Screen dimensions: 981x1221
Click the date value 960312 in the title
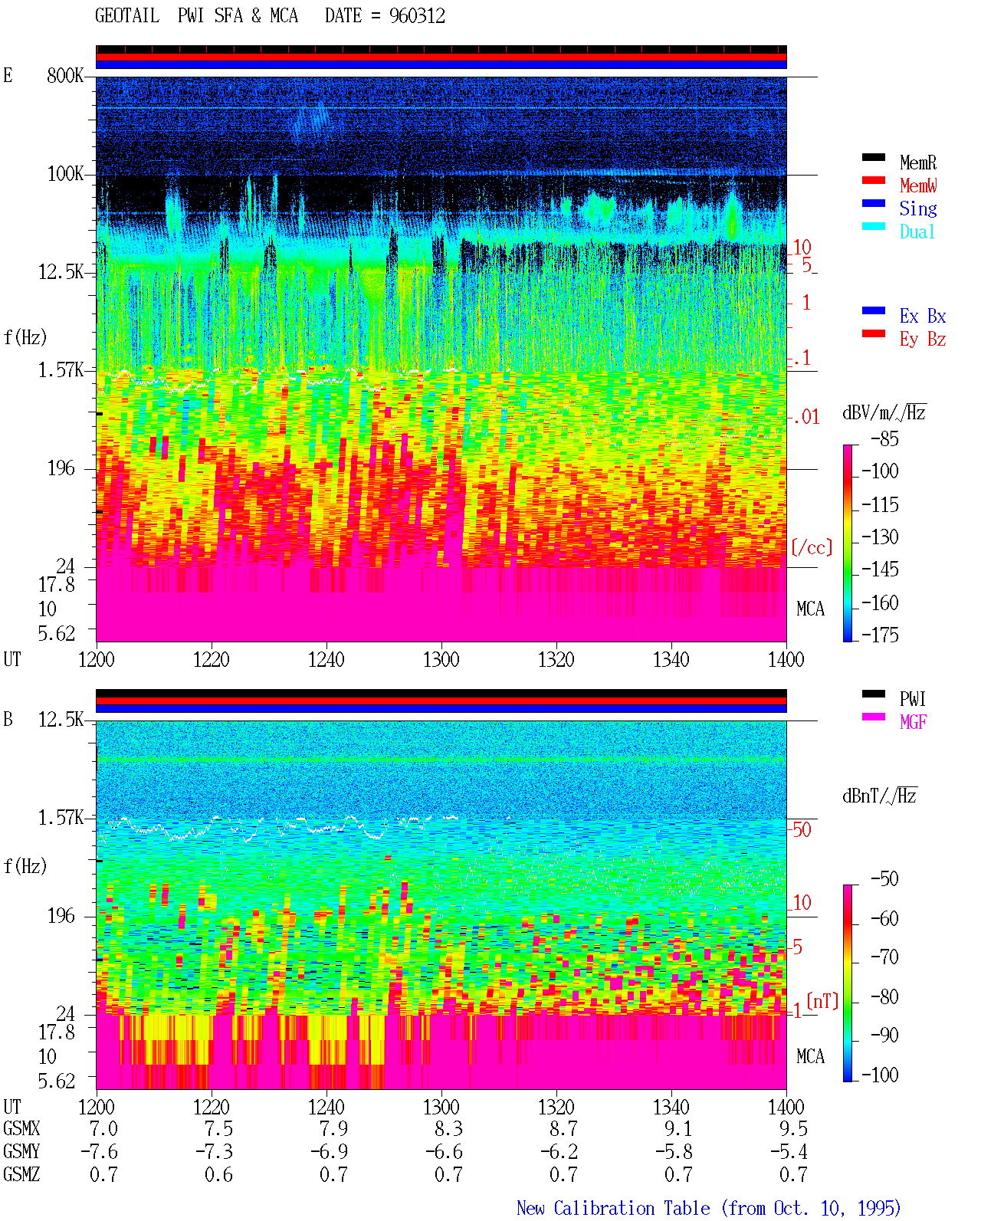[417, 16]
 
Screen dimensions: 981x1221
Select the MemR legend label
[918, 162]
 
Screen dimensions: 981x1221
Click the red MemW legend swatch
[873, 180]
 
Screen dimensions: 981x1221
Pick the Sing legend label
[918, 208]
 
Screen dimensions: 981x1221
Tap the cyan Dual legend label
[917, 231]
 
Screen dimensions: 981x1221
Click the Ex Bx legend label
[923, 316]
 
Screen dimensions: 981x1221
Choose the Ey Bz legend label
[923, 340]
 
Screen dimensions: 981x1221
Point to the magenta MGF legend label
[914, 722]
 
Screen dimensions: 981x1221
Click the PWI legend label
[913, 698]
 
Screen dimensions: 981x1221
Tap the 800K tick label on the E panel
[65, 75]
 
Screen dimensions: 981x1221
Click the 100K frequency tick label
[65, 174]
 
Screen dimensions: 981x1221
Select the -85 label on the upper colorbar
[884, 438]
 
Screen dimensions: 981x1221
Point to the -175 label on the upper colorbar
[880, 635]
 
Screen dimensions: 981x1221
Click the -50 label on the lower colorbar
[884, 879]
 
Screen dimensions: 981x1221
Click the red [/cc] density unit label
[812, 547]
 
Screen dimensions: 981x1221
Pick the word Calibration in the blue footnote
[632, 1208]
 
